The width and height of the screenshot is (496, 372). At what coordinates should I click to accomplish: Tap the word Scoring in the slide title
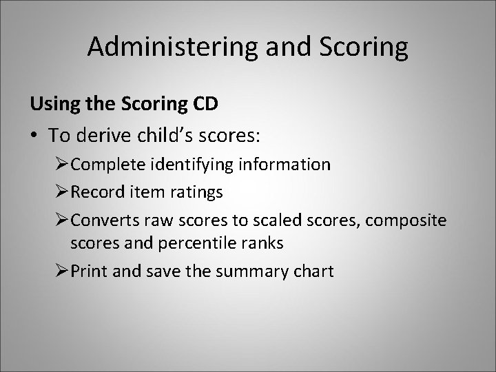click(x=364, y=48)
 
